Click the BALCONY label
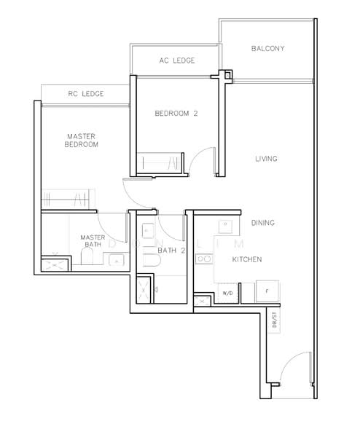tap(267, 49)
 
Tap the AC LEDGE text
tap(176, 60)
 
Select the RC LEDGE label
tap(85, 94)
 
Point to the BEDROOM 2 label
tap(176, 114)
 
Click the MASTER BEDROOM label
tap(82, 140)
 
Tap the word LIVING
tap(267, 158)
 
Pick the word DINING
tap(263, 223)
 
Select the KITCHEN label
tap(247, 259)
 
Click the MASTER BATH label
tap(92, 240)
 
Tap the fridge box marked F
tap(266, 290)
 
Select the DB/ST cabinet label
tap(275, 319)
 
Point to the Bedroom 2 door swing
tap(201, 160)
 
